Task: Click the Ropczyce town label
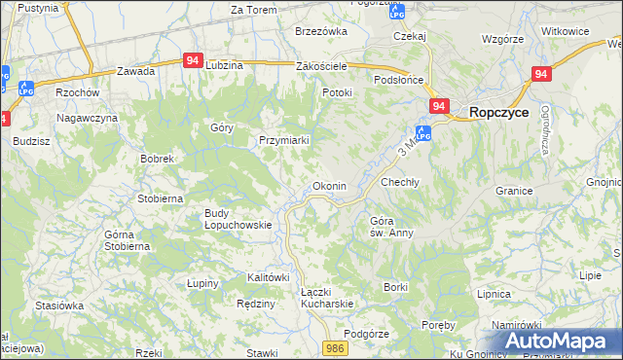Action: [498, 112]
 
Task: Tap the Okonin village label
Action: [327, 186]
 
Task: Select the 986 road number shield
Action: [336, 347]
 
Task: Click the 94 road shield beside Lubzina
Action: [192, 60]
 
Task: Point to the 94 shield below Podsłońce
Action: [439, 105]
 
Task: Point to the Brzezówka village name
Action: [321, 31]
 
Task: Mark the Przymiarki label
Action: [284, 140]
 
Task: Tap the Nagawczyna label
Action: [87, 118]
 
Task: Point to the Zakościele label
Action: [321, 66]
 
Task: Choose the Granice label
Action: [515, 191]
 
